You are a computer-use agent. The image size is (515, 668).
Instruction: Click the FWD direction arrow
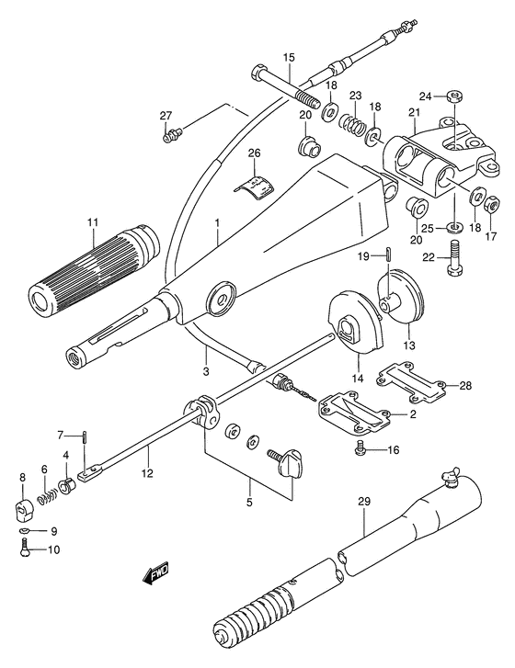coord(155,573)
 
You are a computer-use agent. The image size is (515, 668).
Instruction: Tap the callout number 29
coord(364,502)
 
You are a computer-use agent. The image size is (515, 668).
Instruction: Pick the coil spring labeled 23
coord(353,123)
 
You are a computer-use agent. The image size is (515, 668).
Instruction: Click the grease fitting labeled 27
coord(172,134)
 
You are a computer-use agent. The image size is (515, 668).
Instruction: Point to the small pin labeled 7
coord(86,437)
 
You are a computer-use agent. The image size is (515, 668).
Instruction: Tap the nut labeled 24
coord(454,96)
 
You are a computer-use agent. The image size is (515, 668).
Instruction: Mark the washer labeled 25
coord(454,227)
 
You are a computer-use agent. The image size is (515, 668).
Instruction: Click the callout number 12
coord(147,472)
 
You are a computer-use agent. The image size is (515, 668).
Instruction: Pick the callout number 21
coord(414,112)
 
